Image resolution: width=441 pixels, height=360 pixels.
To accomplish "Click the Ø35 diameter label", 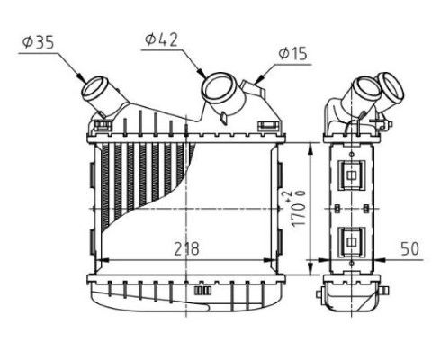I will point(39,41).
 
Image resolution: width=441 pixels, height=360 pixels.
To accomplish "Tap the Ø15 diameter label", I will point(292,54).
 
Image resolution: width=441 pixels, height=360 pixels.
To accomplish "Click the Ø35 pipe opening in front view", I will point(95,91).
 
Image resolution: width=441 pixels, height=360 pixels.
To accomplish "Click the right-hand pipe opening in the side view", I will point(392,87).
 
